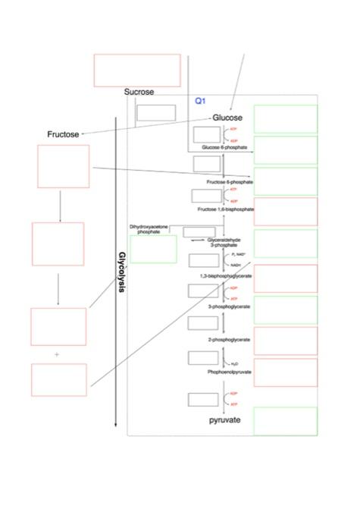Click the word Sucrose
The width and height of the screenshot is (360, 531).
tap(139, 92)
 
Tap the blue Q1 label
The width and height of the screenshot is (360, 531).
tap(201, 100)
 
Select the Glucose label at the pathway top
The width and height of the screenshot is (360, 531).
tap(227, 118)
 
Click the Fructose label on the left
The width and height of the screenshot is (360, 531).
tap(63, 134)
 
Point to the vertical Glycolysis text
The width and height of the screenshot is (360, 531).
tap(121, 273)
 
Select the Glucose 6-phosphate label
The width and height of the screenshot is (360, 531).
tap(224, 147)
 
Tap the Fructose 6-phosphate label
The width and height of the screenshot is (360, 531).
tap(230, 183)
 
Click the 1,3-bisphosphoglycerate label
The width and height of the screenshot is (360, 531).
tap(226, 276)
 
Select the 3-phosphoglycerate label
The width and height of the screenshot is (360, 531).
tap(225, 306)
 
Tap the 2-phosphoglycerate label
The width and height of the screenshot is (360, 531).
tap(225, 341)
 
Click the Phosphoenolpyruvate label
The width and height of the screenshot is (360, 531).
tap(225, 372)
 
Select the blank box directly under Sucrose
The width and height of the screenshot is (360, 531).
tap(155, 112)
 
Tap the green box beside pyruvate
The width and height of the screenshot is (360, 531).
tap(285, 421)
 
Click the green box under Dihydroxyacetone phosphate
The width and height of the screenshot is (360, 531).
tap(153, 249)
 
